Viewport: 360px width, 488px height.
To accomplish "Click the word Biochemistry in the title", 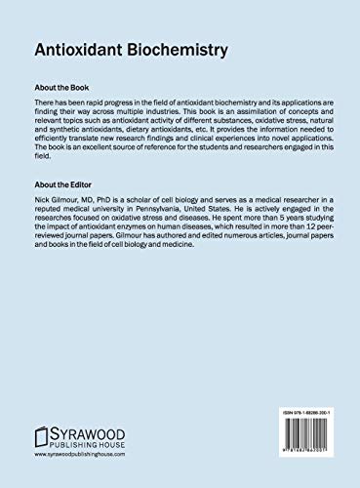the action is (x=165, y=46).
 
